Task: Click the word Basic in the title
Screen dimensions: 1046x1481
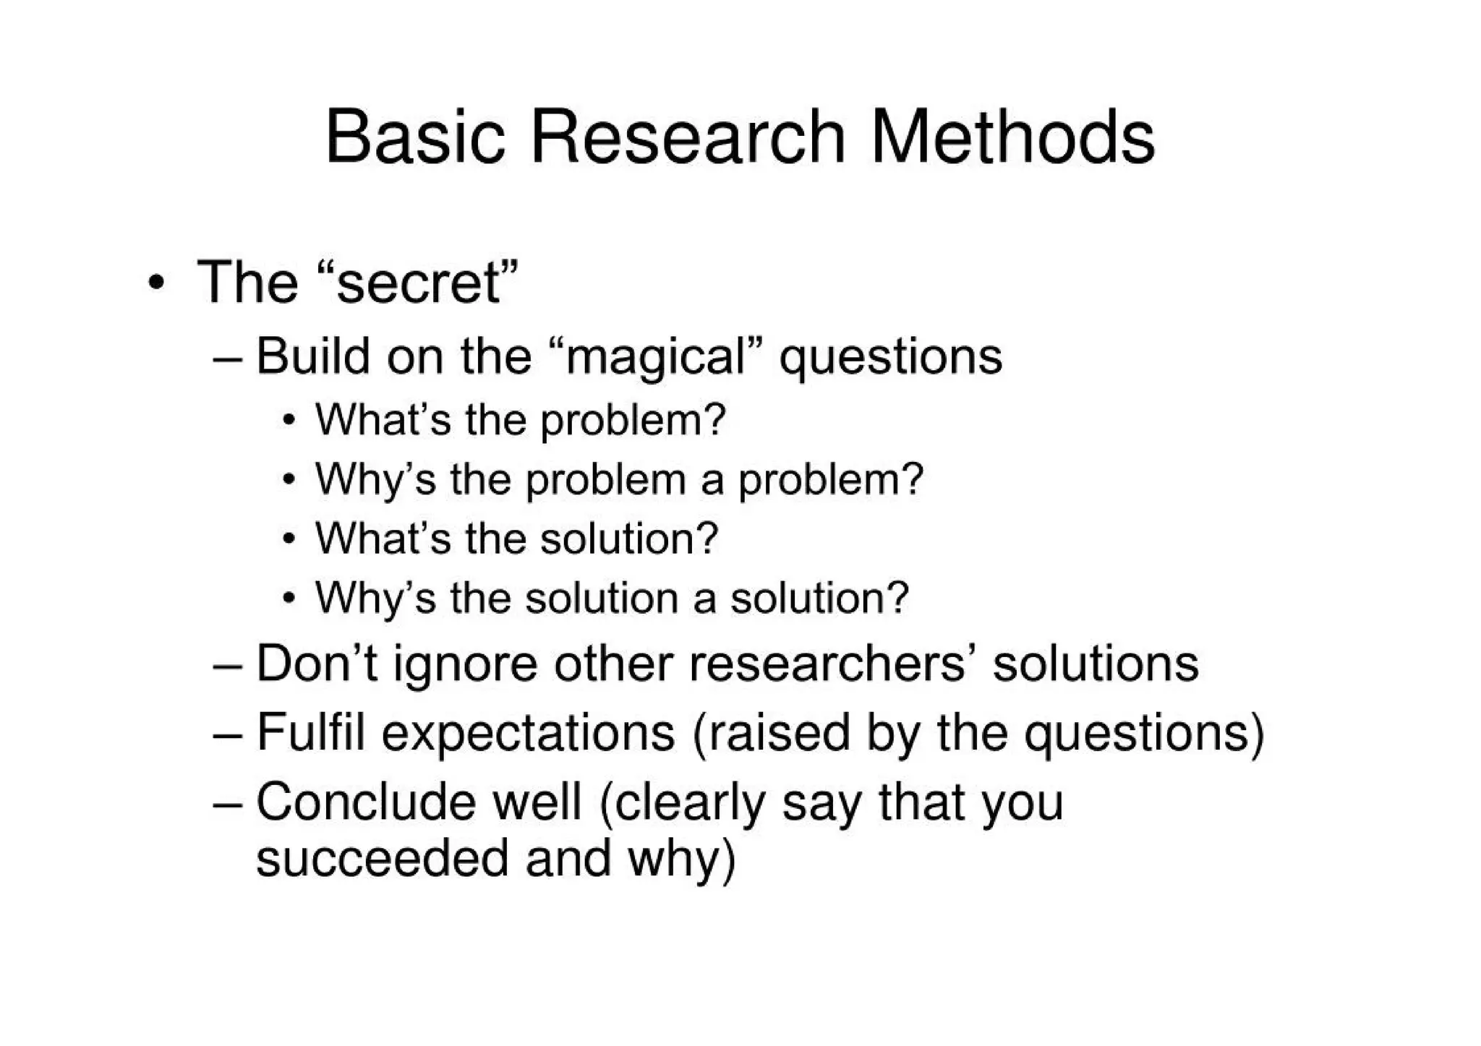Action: click(414, 137)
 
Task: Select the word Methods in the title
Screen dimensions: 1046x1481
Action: click(1012, 137)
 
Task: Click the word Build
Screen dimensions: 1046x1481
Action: click(313, 356)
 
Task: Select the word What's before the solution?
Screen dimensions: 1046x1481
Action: click(383, 539)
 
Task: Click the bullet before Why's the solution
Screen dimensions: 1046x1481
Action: click(289, 599)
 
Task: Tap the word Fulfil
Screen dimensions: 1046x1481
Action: click(310, 732)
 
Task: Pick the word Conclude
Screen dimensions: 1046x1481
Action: click(364, 802)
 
